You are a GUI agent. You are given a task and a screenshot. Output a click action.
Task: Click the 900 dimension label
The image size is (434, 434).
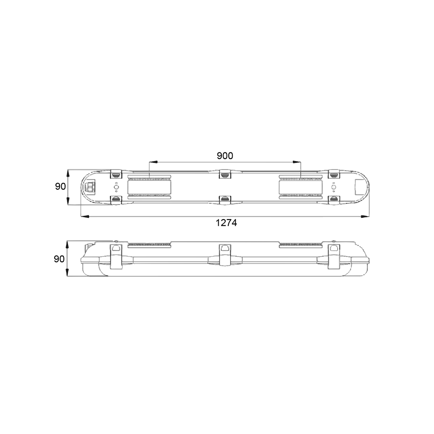pyautogui.click(x=225, y=156)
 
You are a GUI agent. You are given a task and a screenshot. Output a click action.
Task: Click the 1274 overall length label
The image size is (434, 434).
pyautogui.click(x=226, y=223)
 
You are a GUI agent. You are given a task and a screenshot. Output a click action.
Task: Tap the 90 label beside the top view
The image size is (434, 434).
pyautogui.click(x=60, y=187)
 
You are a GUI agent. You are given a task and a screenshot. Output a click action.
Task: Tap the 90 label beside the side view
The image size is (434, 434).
pyautogui.click(x=59, y=259)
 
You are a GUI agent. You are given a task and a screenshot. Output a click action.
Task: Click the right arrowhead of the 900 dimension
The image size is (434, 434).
pyautogui.click(x=297, y=161)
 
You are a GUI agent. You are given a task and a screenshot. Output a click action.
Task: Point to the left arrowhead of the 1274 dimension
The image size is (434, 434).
pyautogui.click(x=85, y=216)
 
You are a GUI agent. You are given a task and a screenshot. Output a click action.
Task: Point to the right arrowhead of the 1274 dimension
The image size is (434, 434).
pyautogui.click(x=365, y=216)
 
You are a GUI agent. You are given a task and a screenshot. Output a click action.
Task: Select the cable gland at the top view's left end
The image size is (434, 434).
pyautogui.click(x=90, y=187)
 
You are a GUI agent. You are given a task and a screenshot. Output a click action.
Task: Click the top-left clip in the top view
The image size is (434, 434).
pyautogui.click(x=116, y=174)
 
